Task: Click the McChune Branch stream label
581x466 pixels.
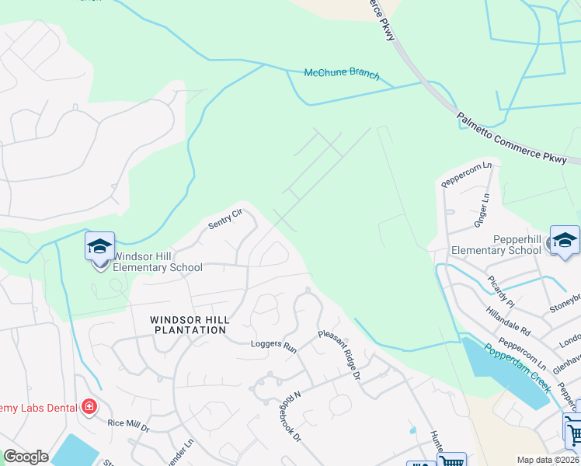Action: click(x=342, y=74)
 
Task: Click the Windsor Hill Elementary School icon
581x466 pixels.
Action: click(x=99, y=247)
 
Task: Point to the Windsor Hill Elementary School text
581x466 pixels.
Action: click(x=158, y=262)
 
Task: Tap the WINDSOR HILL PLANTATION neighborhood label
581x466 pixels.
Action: click(x=188, y=325)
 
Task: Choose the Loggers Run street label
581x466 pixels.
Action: click(x=273, y=346)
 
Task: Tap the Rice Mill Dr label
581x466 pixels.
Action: click(x=128, y=425)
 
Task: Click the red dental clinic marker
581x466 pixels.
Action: click(x=89, y=407)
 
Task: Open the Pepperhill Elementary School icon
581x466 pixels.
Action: click(x=565, y=240)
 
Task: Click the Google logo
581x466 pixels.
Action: click(x=26, y=457)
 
